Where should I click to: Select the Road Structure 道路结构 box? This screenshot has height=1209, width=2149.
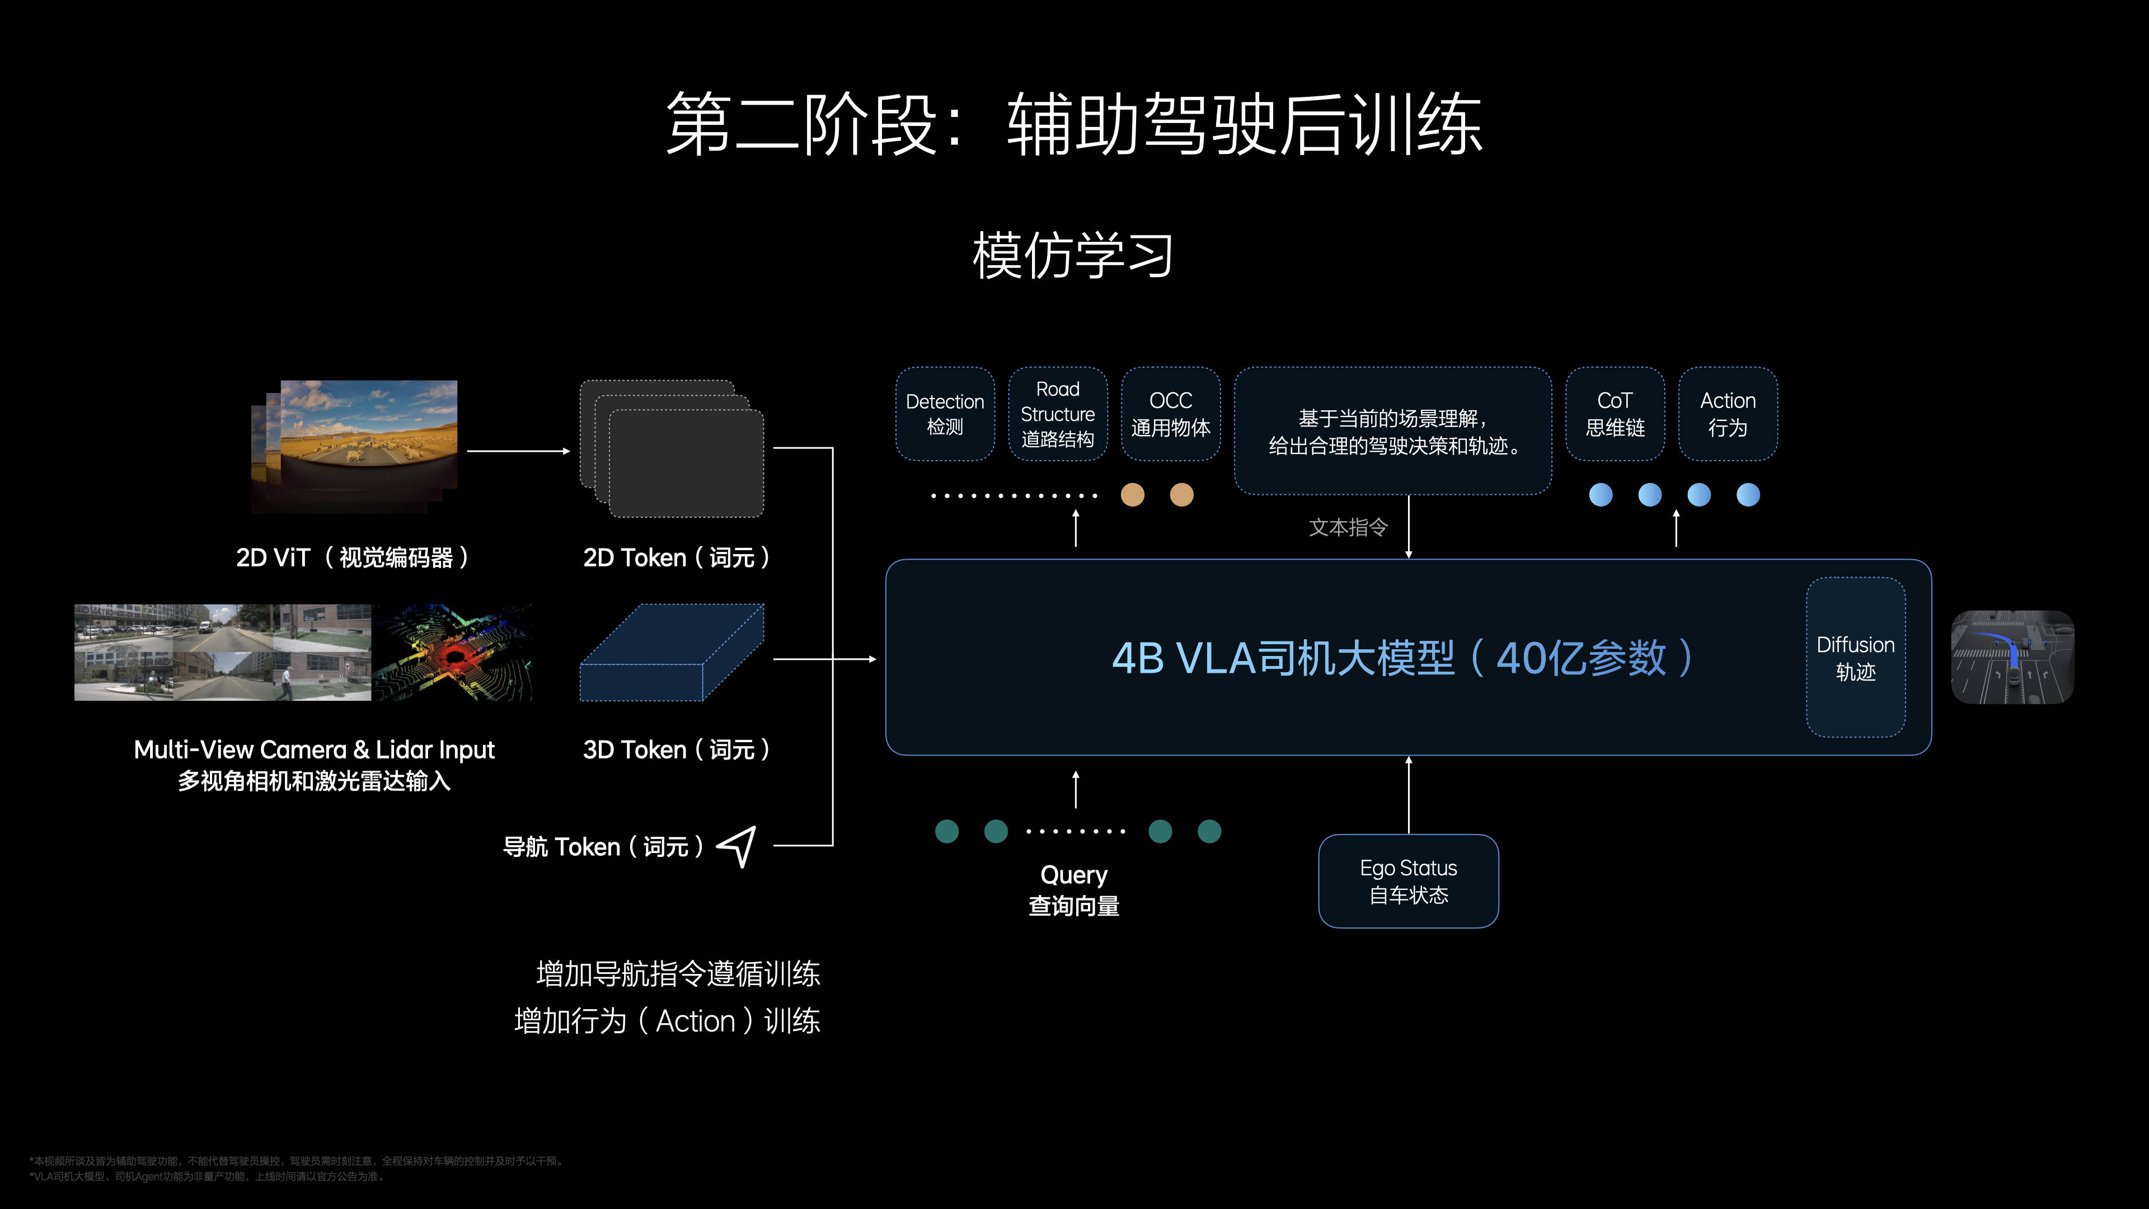[1057, 414]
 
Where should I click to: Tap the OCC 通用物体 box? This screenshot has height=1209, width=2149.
[1170, 414]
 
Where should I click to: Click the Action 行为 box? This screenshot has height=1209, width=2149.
[1727, 414]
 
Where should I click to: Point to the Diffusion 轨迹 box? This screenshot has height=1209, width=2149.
[1855, 658]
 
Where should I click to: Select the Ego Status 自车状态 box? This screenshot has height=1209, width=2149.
[1408, 881]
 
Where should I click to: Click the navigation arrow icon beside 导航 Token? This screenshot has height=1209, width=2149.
[738, 846]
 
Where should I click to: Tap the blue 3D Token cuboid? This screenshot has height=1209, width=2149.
[672, 653]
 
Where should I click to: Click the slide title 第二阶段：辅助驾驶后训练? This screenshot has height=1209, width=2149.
[1074, 125]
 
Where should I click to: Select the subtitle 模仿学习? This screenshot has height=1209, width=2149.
[1074, 255]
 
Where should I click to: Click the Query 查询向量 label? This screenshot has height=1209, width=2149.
[1074, 889]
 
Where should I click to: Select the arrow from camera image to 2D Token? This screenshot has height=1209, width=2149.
[518, 451]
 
